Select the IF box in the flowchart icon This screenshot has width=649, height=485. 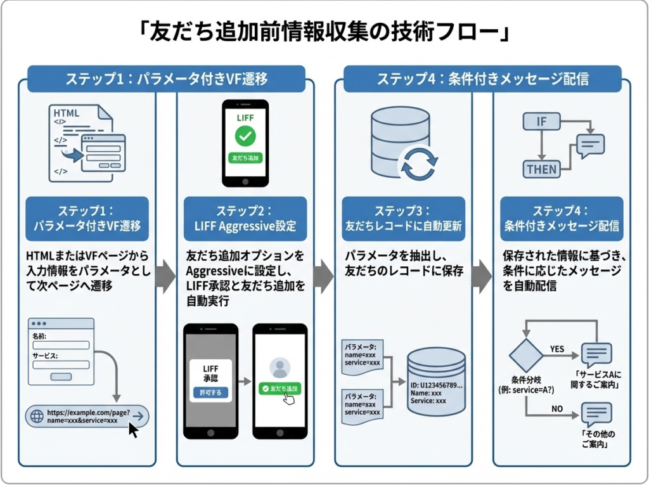click(542, 122)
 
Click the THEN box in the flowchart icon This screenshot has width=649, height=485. click(541, 169)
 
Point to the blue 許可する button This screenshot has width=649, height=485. click(209, 392)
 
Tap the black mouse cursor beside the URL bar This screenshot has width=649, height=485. click(134, 430)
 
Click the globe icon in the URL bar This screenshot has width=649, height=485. click(36, 417)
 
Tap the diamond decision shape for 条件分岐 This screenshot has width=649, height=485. click(526, 356)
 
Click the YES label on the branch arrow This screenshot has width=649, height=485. click(557, 349)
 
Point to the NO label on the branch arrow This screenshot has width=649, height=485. click(557, 409)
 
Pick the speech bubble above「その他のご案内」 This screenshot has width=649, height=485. click(596, 415)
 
